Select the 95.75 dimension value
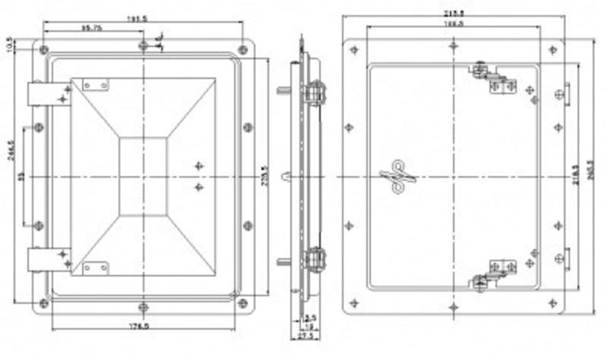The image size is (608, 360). tap(93, 28)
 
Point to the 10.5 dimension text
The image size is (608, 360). tap(10, 45)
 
